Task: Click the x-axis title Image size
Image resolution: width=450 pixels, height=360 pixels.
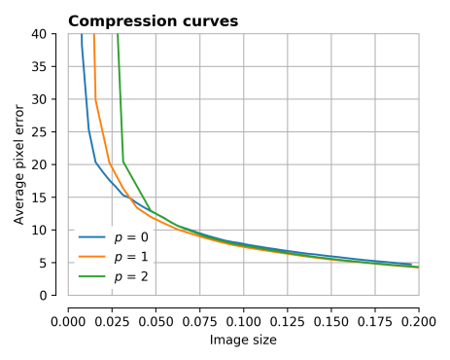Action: pyautogui.click(x=243, y=340)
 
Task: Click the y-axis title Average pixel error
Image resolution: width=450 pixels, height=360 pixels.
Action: pyautogui.click(x=19, y=162)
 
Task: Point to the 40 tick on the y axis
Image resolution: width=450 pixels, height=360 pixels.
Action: pyautogui.click(x=50, y=34)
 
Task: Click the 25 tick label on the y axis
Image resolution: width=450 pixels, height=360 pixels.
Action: pyautogui.click(x=50, y=132)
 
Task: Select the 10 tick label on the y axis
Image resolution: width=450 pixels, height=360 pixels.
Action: pyautogui.click(x=50, y=230)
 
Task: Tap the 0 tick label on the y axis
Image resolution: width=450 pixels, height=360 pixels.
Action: pyautogui.click(x=52, y=295)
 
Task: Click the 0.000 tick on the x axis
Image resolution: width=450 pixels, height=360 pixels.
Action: pyautogui.click(x=68, y=318)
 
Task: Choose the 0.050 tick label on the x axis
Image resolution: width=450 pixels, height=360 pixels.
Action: pyautogui.click(x=156, y=318)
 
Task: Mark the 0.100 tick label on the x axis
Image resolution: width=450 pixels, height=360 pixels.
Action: pyautogui.click(x=243, y=318)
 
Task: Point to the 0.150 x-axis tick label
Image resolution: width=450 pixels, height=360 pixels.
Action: pyautogui.click(x=331, y=318)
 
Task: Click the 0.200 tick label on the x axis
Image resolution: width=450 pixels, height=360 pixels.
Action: pyautogui.click(x=419, y=318)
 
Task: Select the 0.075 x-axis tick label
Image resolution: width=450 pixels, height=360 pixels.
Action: pyautogui.click(x=199, y=318)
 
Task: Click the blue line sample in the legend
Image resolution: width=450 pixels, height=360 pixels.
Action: pyautogui.click(x=91, y=237)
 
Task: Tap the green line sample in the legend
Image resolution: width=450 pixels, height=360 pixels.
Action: pyautogui.click(x=91, y=278)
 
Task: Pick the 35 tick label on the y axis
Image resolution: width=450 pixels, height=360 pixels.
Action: pyautogui.click(x=50, y=67)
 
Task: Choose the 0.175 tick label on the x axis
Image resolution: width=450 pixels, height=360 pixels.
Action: pyautogui.click(x=375, y=318)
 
